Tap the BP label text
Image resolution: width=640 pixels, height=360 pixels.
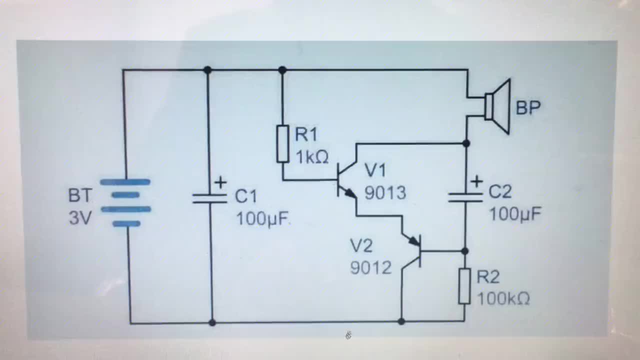click(x=528, y=107)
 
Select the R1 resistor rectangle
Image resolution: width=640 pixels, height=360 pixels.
click(x=282, y=144)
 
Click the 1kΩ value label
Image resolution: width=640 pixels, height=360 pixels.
click(x=312, y=157)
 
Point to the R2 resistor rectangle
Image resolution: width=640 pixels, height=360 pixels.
click(x=464, y=286)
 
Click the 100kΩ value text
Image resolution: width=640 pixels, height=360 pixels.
click(x=503, y=299)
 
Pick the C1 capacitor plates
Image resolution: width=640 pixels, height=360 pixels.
click(x=209, y=198)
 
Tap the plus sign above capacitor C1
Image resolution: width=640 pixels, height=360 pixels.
click(x=220, y=182)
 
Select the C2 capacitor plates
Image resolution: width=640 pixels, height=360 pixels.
click(x=465, y=197)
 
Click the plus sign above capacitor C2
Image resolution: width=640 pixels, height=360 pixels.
click(x=476, y=181)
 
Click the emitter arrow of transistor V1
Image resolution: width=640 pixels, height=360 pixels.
click(x=350, y=193)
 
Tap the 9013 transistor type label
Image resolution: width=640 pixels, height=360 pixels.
click(x=385, y=193)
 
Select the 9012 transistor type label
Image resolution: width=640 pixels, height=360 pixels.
click(x=371, y=268)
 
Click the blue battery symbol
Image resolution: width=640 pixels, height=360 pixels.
click(x=125, y=202)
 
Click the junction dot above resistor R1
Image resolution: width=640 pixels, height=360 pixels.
click(x=282, y=70)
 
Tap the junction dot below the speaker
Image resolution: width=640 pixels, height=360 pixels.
click(x=466, y=143)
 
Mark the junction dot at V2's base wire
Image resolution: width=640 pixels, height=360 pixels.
click(x=465, y=251)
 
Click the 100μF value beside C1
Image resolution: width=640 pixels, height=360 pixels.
click(x=262, y=219)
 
